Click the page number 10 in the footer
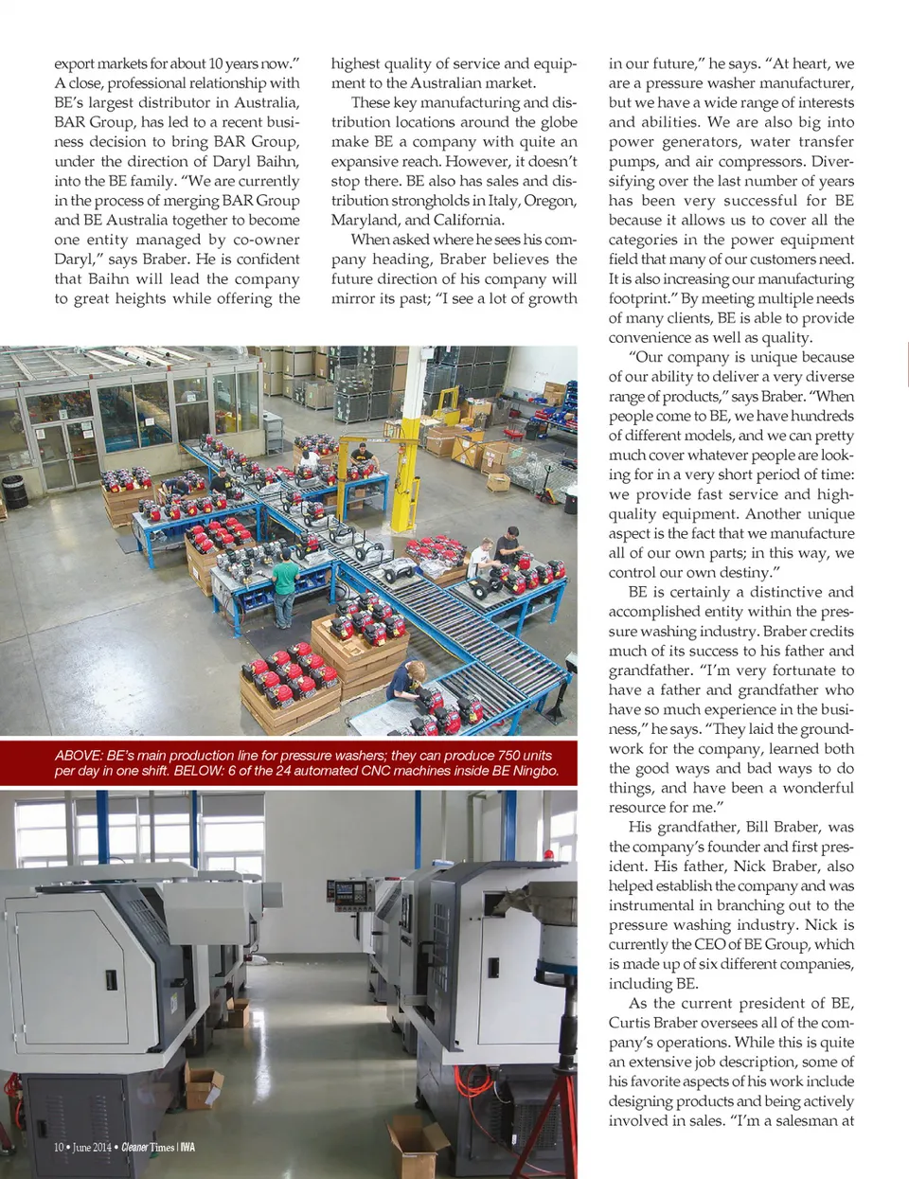tap(59, 1147)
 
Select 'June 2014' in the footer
tap(92, 1147)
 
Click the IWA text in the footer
tap(187, 1147)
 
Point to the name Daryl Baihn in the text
tap(253, 161)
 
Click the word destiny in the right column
tap(744, 572)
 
